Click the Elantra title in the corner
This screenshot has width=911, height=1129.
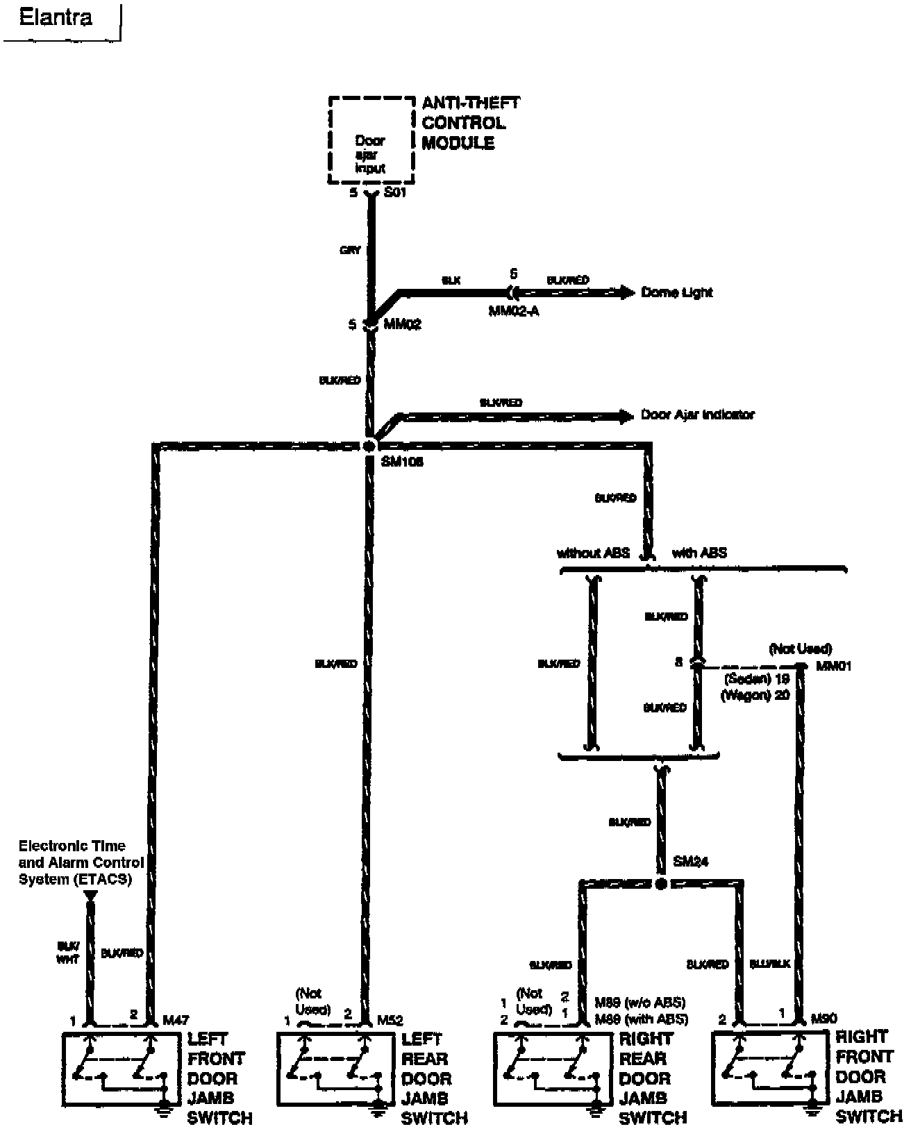click(56, 17)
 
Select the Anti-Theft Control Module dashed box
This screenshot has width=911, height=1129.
click(371, 141)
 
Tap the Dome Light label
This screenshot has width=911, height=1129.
click(676, 292)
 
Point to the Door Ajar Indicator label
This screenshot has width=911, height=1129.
click(697, 415)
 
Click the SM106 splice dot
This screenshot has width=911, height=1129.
click(369, 446)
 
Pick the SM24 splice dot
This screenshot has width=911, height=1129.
click(661, 884)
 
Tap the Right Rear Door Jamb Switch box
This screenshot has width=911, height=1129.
click(549, 1069)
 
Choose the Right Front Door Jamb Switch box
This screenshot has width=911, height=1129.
click(769, 1067)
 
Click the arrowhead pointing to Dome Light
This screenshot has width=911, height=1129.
click(626, 292)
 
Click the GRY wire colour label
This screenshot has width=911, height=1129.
click(350, 250)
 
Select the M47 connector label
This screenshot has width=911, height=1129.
click(174, 1019)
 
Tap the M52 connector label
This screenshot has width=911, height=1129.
click(390, 1020)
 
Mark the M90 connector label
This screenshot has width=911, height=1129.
click(824, 1019)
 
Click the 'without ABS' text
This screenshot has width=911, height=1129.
click(593, 553)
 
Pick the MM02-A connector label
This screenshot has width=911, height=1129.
click(513, 310)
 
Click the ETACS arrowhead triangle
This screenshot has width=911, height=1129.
click(90, 896)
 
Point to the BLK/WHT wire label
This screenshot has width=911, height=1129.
click(68, 952)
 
